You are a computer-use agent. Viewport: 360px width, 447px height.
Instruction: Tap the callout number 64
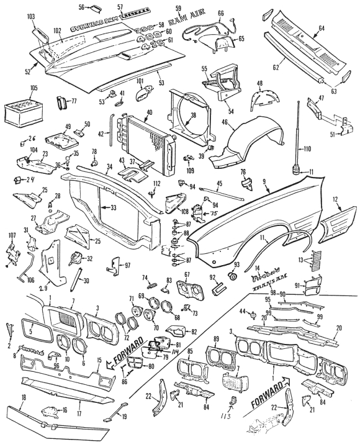point(339,28)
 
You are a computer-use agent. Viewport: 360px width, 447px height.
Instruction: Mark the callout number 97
point(127,266)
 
